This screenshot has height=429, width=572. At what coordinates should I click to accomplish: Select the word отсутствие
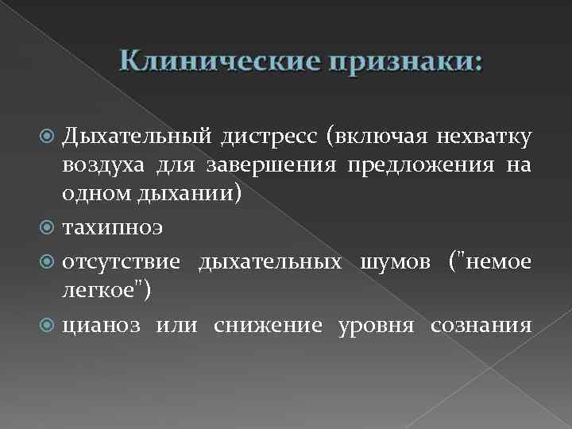(x=122, y=262)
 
